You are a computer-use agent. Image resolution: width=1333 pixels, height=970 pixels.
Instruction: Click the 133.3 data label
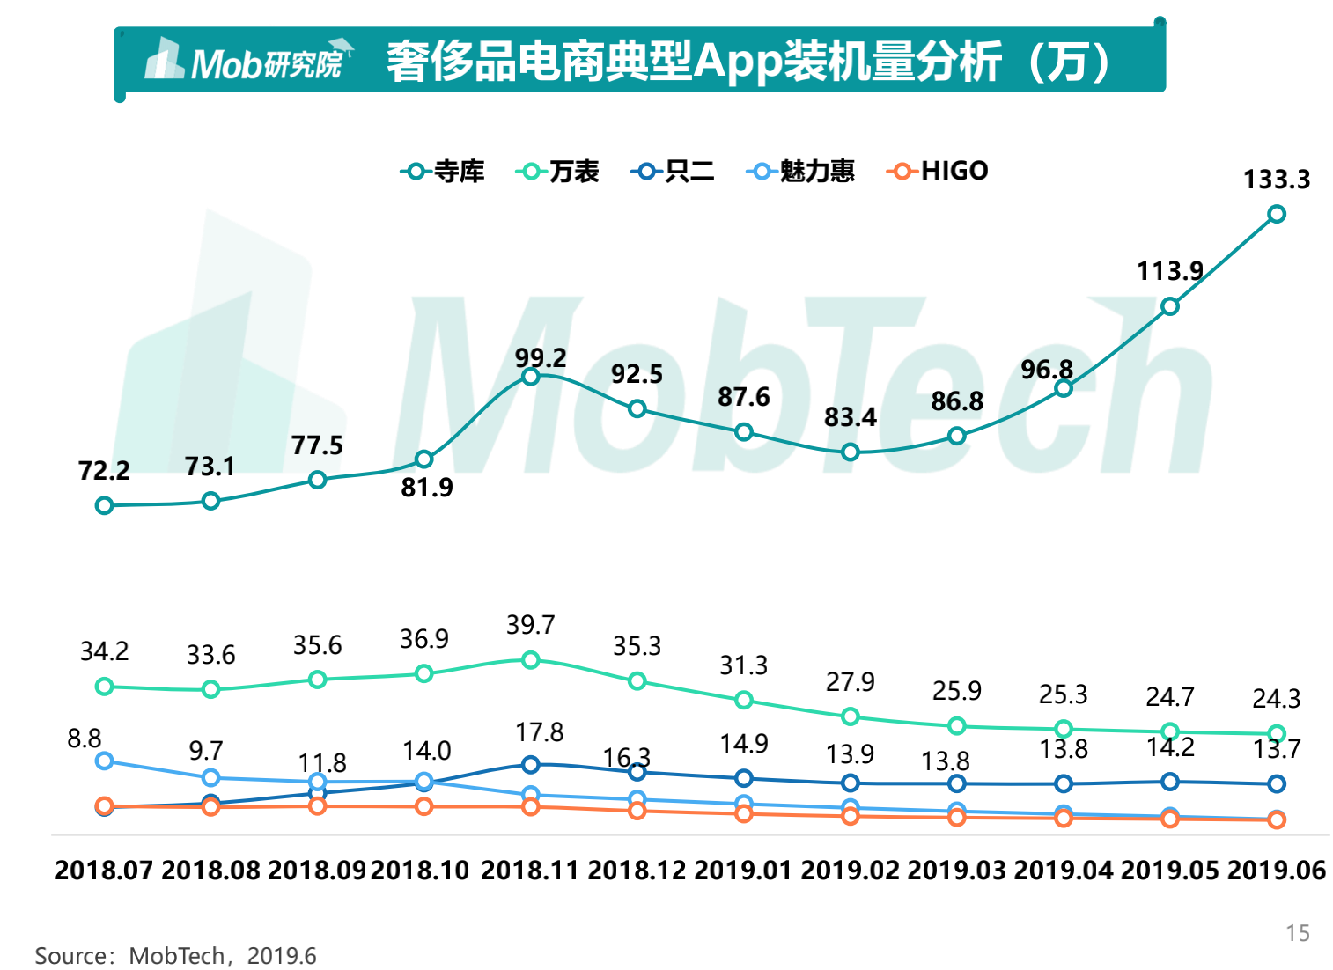coord(1276,180)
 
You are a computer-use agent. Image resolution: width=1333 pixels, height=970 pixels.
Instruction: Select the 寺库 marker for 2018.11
coord(530,377)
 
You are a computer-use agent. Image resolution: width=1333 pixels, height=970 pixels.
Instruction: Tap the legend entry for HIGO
coord(938,171)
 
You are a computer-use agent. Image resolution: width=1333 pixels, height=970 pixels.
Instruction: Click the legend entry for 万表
coord(557,171)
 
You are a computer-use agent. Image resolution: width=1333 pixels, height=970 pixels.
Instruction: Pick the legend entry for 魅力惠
coord(800,171)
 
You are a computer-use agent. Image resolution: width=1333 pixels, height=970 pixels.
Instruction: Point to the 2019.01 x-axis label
coord(743,871)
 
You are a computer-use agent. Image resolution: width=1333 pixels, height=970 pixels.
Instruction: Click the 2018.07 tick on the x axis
coord(104,871)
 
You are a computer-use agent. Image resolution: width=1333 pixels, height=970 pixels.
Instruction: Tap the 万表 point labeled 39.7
coord(530,660)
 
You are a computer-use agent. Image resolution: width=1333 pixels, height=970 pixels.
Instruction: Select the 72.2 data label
coord(104,471)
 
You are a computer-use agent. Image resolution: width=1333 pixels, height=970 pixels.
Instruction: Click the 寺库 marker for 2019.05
coord(1169,306)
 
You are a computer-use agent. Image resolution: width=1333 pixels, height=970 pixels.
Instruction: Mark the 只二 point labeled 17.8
coord(530,765)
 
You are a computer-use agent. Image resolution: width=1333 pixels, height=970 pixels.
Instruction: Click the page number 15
coord(1297,933)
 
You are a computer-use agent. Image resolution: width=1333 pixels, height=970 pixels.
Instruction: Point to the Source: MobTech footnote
coord(175,956)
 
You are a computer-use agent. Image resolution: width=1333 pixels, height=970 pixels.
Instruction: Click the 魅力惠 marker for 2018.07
coord(104,761)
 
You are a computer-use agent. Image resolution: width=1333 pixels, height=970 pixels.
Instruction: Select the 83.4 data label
coord(850,417)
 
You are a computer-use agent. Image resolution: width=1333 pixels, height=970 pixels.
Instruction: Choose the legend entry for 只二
coord(673,171)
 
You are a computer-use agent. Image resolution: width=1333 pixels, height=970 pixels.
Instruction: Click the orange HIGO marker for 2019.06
coord(1276,819)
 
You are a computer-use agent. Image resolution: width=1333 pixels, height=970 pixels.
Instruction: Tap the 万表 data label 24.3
coord(1276,699)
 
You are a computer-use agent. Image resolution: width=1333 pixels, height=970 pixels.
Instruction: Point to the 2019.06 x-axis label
coord(1276,871)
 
